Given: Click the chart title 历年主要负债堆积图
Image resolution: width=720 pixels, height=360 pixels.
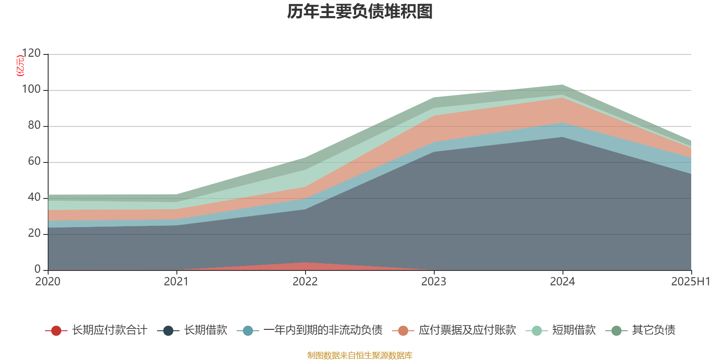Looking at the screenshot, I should tap(360, 12).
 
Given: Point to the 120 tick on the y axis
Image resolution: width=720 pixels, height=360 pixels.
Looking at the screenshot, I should tap(31, 54).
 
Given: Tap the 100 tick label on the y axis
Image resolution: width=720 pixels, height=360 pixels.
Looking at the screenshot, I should tap(31, 90).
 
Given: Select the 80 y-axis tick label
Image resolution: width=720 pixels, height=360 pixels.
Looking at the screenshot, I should tap(34, 126).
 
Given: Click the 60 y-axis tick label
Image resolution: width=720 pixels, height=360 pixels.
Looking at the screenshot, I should tap(34, 162).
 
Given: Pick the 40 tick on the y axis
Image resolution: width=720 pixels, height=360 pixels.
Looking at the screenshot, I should tap(34, 198).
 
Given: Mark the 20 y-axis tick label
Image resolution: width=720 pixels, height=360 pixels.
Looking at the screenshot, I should tap(34, 234).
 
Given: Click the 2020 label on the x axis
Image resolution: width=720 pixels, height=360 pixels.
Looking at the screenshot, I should tap(48, 282).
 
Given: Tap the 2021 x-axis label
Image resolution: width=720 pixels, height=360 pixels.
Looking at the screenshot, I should tap(176, 282).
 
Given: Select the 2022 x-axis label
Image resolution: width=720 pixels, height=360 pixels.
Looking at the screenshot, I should tap(305, 282).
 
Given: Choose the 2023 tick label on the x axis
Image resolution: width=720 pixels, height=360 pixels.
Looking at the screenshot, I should tap(434, 282).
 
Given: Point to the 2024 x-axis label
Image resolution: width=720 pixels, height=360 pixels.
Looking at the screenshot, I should tap(562, 282).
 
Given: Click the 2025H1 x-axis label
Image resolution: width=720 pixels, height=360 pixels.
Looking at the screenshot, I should tap(690, 282).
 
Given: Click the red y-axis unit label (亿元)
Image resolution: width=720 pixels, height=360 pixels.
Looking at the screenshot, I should tap(20, 66).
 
